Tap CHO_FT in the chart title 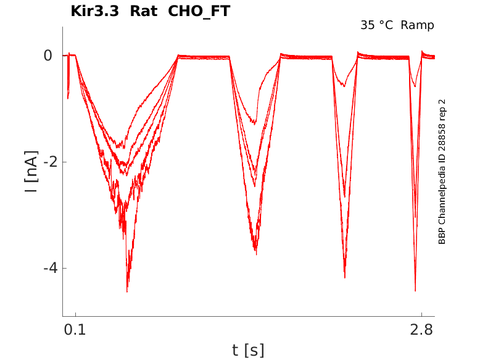click(199, 12)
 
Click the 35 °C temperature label click(377, 25)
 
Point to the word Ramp click(417, 25)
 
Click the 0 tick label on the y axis click(48, 56)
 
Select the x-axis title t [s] click(248, 350)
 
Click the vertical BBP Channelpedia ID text click(442, 171)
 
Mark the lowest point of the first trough click(127, 291)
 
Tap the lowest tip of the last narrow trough click(415, 290)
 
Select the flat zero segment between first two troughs click(204, 57)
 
